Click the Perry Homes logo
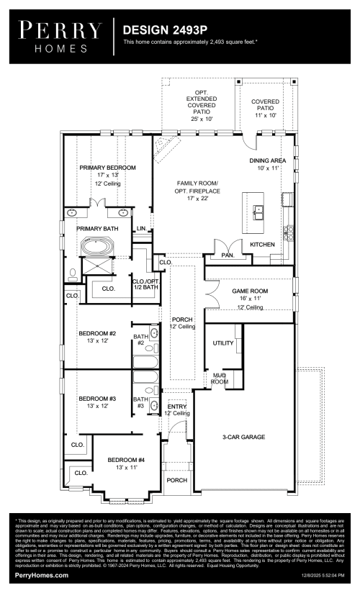tap(60, 36)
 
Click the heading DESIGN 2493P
tap(160, 30)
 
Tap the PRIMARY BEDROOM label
tap(107, 167)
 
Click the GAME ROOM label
tap(249, 291)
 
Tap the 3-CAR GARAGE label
tap(243, 437)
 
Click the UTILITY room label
tap(223, 343)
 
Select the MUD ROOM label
tap(219, 379)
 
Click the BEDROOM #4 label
tap(126, 460)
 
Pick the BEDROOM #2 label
tap(97, 333)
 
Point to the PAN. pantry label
tap(228, 255)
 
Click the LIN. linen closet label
tap(142, 228)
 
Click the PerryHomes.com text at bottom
tap(42, 576)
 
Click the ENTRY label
tap(177, 407)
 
